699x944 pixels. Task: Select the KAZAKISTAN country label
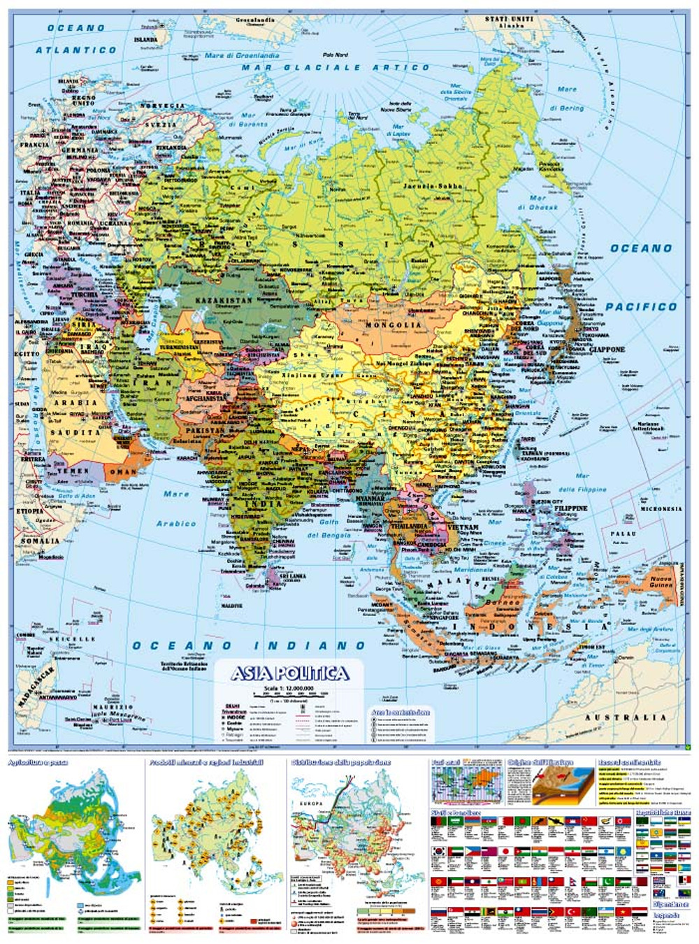[224, 300]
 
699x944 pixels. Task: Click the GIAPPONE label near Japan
[607, 350]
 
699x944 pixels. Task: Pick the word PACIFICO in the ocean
[641, 306]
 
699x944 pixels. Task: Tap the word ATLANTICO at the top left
[76, 50]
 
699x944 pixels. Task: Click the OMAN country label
[123, 472]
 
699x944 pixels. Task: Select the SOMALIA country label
[41, 541]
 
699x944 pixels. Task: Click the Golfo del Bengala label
[329, 528]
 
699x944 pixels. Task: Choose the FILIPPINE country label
[570, 508]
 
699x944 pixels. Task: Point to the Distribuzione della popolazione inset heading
[340, 762]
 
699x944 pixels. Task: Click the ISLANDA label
[145, 40]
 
